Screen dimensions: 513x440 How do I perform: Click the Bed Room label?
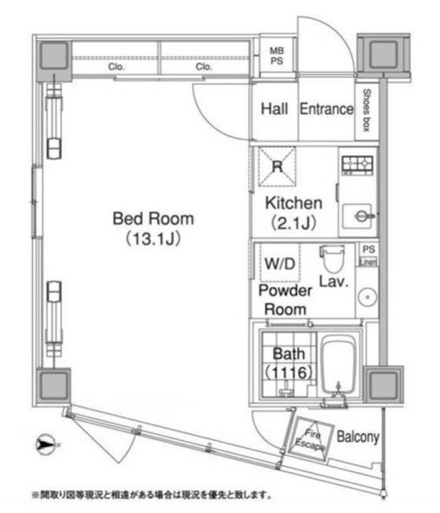click(153, 219)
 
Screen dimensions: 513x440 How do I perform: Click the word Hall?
click(274, 109)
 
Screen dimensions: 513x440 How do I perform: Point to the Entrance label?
click(326, 109)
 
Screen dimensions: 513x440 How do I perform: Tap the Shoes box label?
click(367, 110)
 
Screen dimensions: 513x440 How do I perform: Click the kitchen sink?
click(358, 214)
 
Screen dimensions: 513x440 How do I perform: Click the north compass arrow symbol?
click(46, 446)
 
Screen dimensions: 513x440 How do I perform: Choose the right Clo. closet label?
click(204, 66)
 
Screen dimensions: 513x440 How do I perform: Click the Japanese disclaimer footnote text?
click(152, 496)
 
